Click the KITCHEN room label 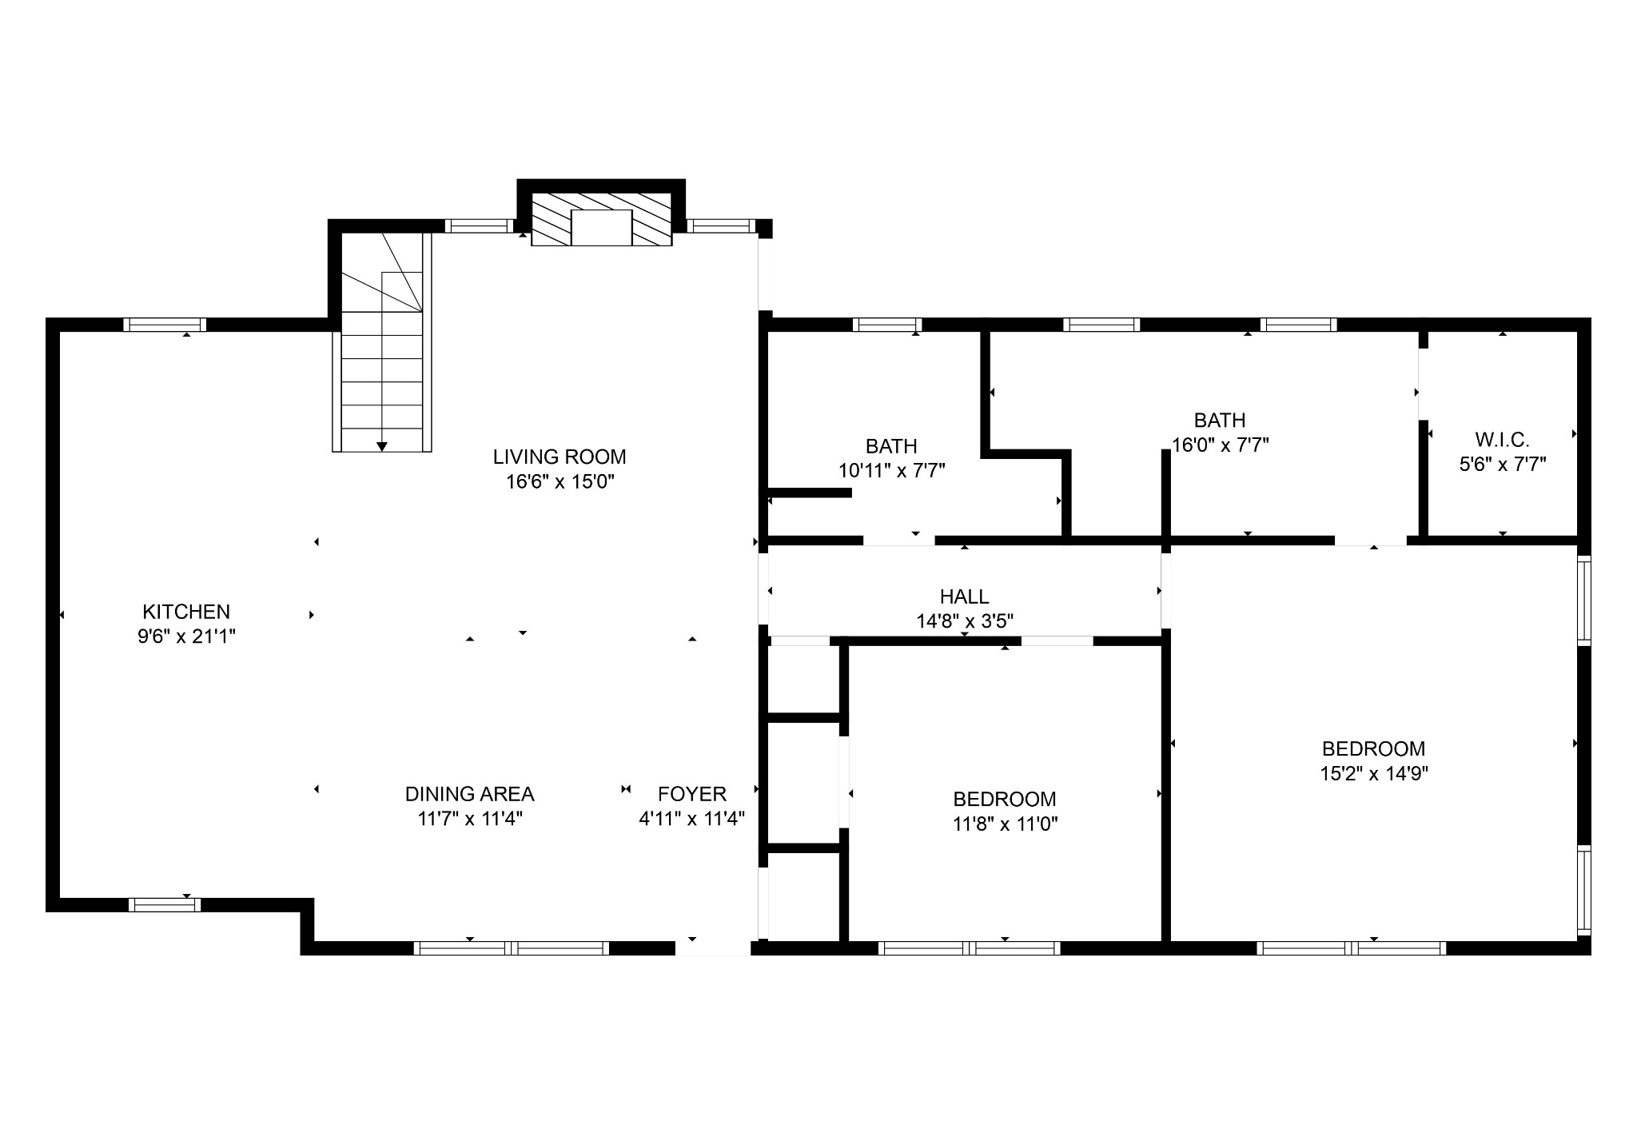point(185,612)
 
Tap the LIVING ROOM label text point(559,457)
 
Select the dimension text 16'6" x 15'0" point(559,481)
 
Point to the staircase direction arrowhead point(382,446)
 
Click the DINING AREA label point(469,794)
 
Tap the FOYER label point(691,794)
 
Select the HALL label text point(964,596)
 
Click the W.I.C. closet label point(1502,439)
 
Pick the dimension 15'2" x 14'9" point(1373,773)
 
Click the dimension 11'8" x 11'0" point(1005,824)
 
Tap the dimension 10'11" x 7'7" point(891,470)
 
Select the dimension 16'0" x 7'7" point(1220,445)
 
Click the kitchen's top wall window point(165,325)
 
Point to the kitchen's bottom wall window point(165,904)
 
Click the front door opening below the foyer point(712,948)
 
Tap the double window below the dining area point(512,948)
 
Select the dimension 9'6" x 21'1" point(185,636)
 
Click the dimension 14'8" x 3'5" point(964,621)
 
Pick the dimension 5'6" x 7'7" point(1502,464)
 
